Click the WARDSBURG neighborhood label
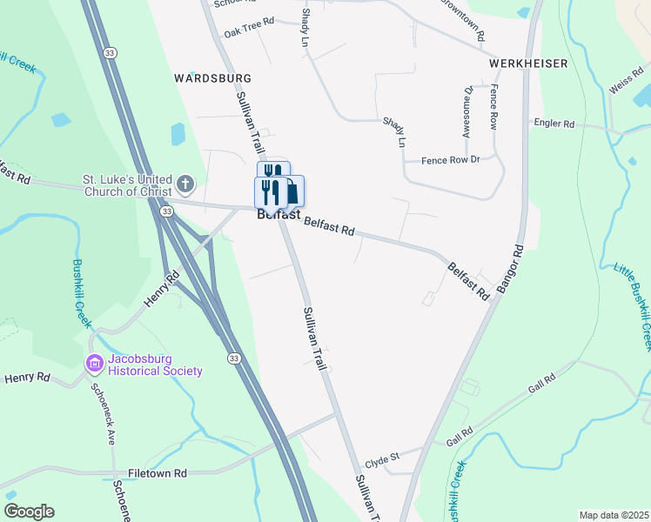click(213, 77)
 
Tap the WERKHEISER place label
click(528, 64)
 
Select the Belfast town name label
click(279, 214)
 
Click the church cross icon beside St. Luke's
click(185, 184)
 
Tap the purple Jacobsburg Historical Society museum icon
click(94, 362)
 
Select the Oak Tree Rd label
click(249, 31)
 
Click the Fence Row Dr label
click(450, 160)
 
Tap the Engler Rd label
click(555, 124)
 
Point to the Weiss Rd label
click(625, 87)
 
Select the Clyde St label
click(381, 458)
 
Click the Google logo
click(29, 512)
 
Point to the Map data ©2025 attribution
click(613, 515)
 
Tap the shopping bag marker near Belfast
click(293, 191)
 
